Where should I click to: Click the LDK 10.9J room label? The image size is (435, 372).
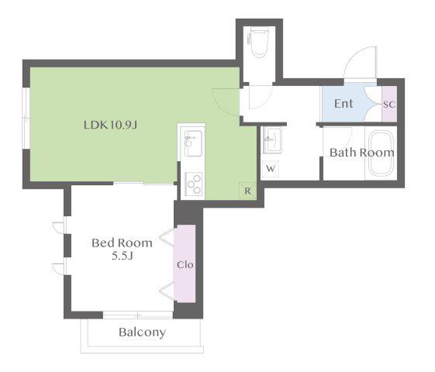[x=110, y=125]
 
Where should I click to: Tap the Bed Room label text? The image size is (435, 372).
[x=122, y=243]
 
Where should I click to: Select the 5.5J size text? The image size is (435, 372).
[x=123, y=256]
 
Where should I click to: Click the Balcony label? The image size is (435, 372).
[x=143, y=332]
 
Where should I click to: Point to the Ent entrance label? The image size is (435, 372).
[x=344, y=104]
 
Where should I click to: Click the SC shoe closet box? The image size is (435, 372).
[x=389, y=104]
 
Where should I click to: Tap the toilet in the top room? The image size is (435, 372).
[x=258, y=42]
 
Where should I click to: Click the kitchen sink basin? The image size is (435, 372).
[x=193, y=143]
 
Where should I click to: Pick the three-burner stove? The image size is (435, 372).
[x=194, y=184]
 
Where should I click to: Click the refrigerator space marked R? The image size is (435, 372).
[x=247, y=191]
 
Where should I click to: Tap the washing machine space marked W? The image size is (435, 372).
[x=271, y=168]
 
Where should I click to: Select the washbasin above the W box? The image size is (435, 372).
[x=272, y=139]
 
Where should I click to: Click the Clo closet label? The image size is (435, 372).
[x=185, y=265]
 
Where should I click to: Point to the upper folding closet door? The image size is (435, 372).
[x=167, y=237]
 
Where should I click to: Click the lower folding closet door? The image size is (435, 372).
[x=167, y=291]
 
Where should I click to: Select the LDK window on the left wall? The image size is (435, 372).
[x=26, y=119]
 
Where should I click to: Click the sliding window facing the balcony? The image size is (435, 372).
[x=138, y=315]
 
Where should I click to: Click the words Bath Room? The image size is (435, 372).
[x=362, y=153]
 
